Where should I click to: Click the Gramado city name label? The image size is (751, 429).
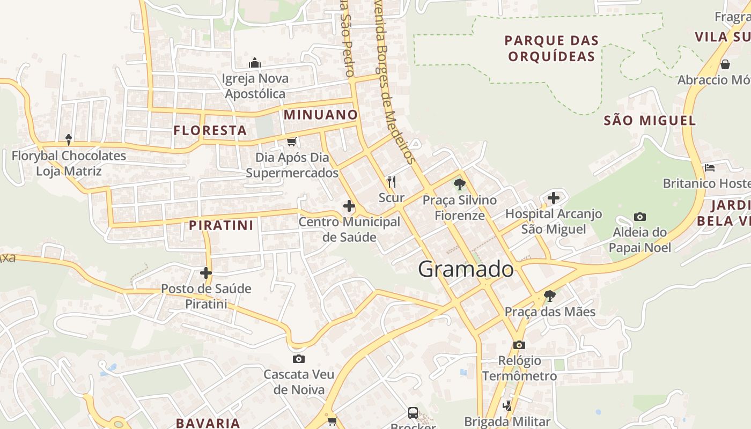pos(466,269)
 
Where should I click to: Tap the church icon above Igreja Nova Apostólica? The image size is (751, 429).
pos(255,63)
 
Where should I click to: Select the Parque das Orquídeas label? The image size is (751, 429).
pos(551,48)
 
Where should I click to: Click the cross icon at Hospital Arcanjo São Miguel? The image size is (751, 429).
pos(553,198)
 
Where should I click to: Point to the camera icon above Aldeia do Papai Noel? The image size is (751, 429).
pos(639,217)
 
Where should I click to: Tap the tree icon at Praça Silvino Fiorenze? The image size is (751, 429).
pos(459,184)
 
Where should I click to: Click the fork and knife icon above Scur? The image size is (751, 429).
pos(392,182)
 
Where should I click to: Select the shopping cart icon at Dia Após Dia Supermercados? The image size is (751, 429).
pos(291,142)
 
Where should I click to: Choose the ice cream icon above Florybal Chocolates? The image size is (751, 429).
pos(69,139)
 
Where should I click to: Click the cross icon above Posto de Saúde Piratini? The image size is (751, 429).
pos(206,273)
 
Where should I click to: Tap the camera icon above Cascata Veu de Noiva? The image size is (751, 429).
pos(299,359)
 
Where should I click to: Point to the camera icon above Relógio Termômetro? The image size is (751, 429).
pos(519,345)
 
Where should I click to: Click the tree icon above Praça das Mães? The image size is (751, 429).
pos(549,295)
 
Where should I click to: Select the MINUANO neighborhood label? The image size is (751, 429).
pos(321,114)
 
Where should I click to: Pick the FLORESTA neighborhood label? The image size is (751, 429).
pos(210,130)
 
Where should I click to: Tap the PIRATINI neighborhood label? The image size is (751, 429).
pos(221,225)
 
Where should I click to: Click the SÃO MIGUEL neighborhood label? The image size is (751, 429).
pos(650,120)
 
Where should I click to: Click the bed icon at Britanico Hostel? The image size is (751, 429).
pos(710,167)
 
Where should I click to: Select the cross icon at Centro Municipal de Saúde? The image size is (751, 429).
pos(349,205)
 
